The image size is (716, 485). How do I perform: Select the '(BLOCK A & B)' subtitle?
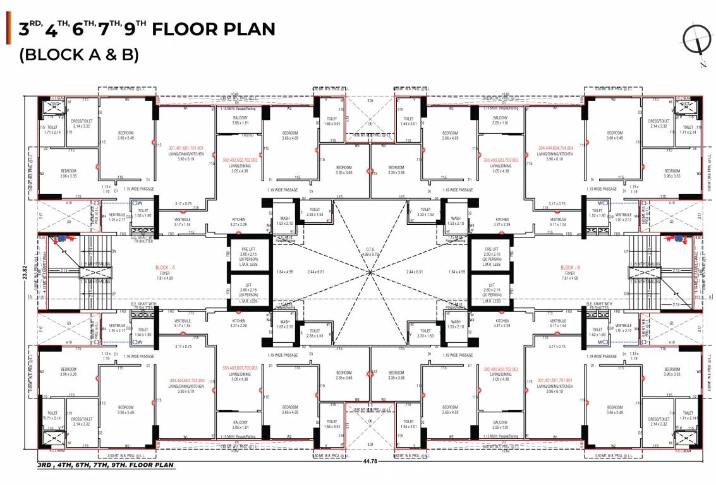click(79, 55)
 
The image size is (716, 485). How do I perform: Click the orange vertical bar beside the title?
click(8, 28)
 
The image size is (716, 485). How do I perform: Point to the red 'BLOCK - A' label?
click(164, 268)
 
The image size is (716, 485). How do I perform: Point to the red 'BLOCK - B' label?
click(571, 268)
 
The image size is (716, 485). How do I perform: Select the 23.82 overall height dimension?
click(21, 272)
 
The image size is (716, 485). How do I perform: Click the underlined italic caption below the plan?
click(105, 465)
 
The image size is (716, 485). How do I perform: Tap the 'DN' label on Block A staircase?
click(113, 251)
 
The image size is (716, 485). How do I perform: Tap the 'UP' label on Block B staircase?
click(626, 251)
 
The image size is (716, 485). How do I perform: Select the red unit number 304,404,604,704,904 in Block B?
click(555, 148)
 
